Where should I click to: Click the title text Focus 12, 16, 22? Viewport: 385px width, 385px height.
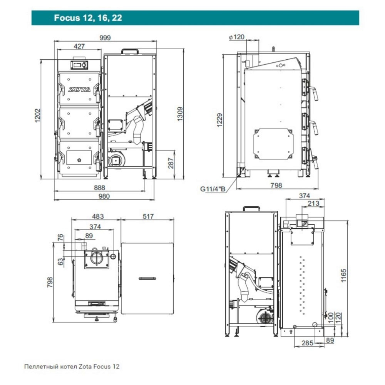tap(88, 18)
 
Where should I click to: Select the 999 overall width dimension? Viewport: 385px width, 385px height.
tap(104, 38)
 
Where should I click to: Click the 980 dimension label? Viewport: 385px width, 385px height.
tap(104, 196)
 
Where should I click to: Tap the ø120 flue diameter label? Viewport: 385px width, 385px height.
tap(236, 37)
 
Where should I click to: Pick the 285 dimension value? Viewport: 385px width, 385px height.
tap(307, 343)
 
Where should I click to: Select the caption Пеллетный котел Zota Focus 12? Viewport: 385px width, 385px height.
tap(72, 367)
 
